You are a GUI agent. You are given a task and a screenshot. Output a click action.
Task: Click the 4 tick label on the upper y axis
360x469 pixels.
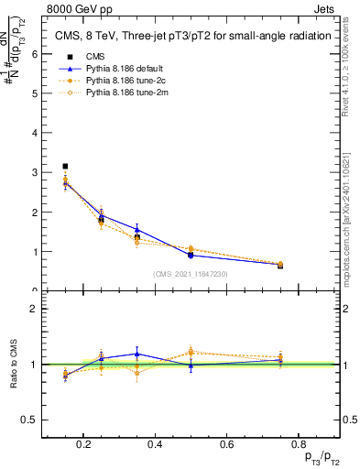(34, 133)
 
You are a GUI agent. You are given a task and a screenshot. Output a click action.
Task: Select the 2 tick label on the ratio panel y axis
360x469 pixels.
(34, 309)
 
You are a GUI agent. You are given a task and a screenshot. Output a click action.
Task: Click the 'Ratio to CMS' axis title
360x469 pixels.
(13, 364)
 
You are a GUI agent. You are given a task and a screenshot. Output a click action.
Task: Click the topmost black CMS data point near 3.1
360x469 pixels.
(65, 166)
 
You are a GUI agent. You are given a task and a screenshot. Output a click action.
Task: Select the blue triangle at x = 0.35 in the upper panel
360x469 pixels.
(136, 230)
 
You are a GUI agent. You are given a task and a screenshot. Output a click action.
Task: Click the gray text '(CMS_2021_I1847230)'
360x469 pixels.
(190, 273)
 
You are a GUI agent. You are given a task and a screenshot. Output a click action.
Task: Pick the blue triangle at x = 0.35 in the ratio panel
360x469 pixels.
(136, 354)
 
